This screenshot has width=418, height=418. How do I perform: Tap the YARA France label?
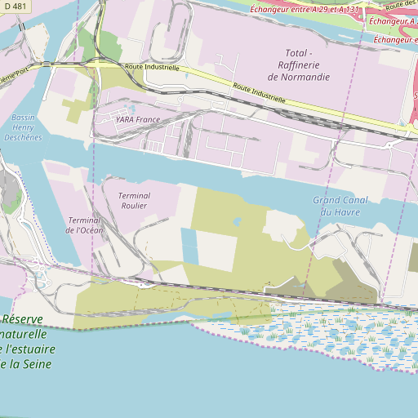(x=127, y=119)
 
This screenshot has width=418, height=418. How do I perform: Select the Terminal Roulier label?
(x=133, y=201)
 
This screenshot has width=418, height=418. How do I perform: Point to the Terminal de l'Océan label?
(x=85, y=225)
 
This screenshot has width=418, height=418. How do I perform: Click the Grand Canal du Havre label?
(x=340, y=206)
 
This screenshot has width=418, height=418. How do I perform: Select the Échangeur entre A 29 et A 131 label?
(x=305, y=10)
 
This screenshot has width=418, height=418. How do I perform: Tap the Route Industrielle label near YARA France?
(x=152, y=67)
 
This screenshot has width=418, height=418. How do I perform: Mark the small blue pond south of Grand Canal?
(x=238, y=220)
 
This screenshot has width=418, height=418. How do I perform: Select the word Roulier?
(x=133, y=206)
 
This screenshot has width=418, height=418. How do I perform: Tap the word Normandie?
(x=299, y=77)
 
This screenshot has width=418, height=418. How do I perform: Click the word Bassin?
(x=23, y=118)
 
